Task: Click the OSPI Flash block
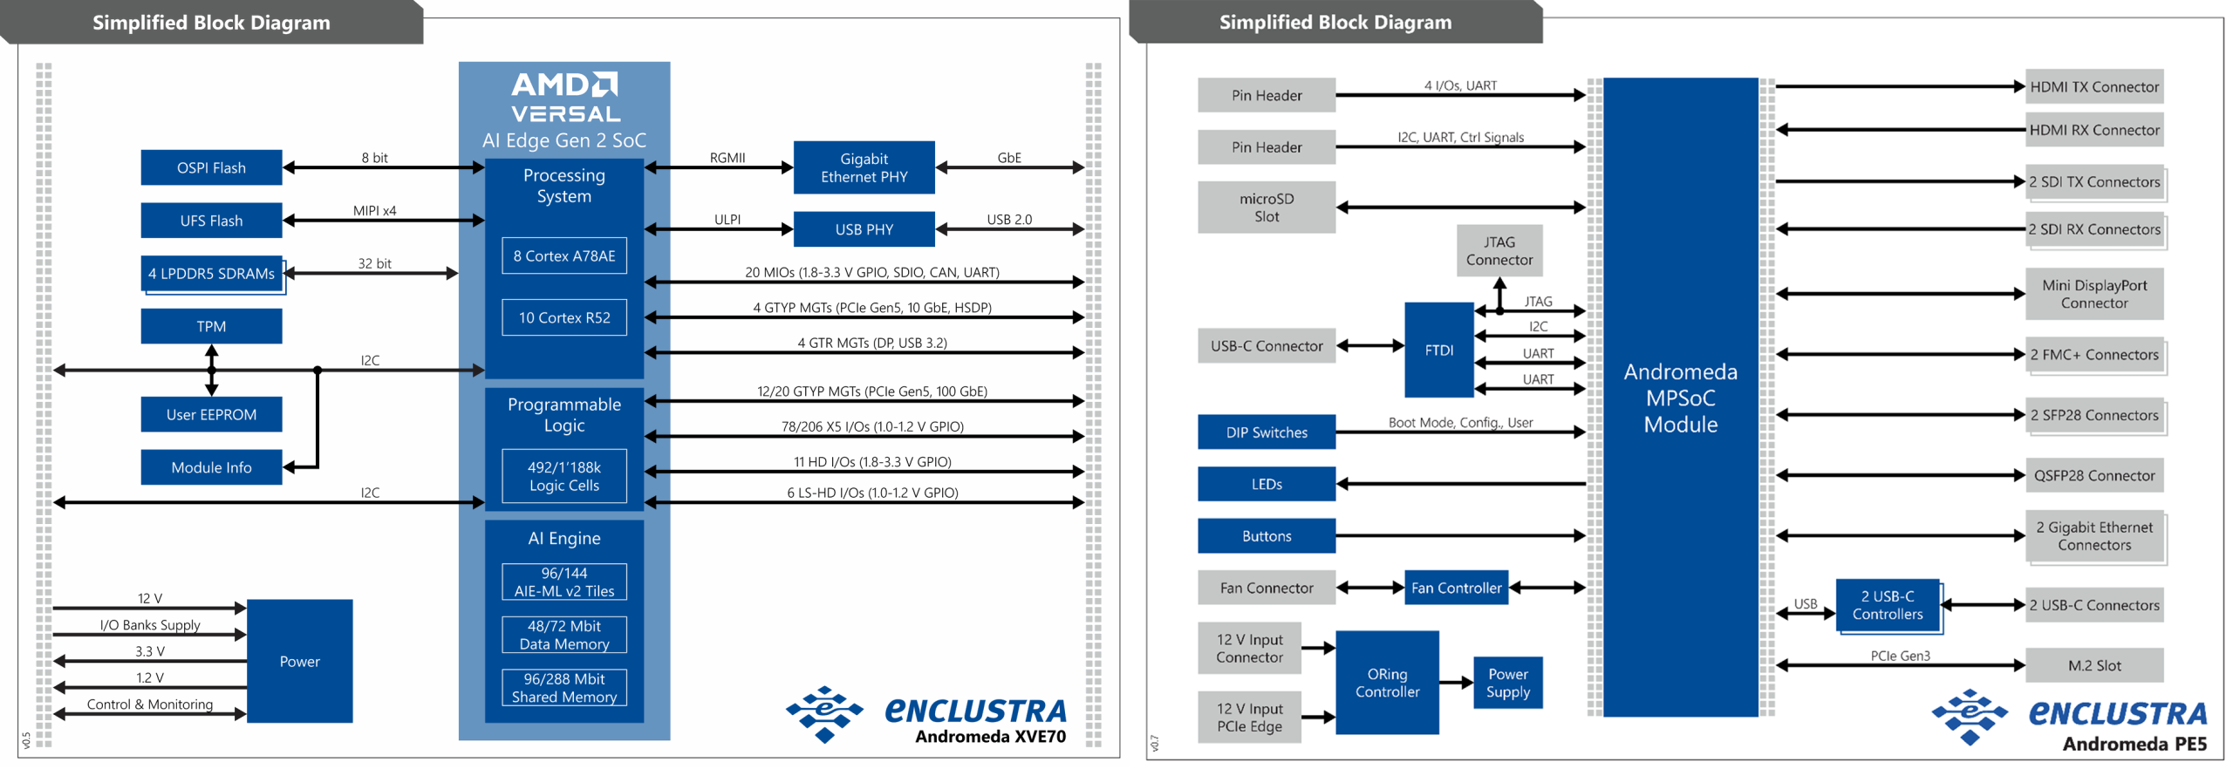click(211, 167)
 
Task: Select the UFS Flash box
click(211, 221)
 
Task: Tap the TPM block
click(211, 326)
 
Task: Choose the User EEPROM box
click(211, 414)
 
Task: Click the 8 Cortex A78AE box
click(563, 255)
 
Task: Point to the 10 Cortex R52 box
click(563, 317)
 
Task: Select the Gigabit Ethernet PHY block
click(864, 167)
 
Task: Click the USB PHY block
click(864, 229)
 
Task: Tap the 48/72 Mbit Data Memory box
click(563, 635)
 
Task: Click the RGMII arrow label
click(727, 158)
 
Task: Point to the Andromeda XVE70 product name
click(990, 737)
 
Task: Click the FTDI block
click(1438, 350)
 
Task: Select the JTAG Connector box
click(1499, 251)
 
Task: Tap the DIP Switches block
click(1266, 432)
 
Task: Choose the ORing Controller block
click(1387, 683)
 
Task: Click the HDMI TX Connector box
click(2093, 86)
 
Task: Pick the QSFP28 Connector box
click(2093, 475)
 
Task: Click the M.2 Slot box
click(2093, 665)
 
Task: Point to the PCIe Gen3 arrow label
click(1900, 656)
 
